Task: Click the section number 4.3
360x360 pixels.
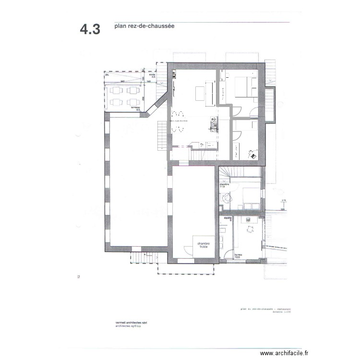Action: point(90,29)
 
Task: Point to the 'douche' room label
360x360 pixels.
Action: point(228,219)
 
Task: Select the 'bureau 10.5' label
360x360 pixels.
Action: point(238,256)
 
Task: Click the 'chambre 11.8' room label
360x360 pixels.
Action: point(224,185)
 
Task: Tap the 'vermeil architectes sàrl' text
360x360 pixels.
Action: point(131,323)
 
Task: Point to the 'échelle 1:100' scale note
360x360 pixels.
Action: point(280,312)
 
